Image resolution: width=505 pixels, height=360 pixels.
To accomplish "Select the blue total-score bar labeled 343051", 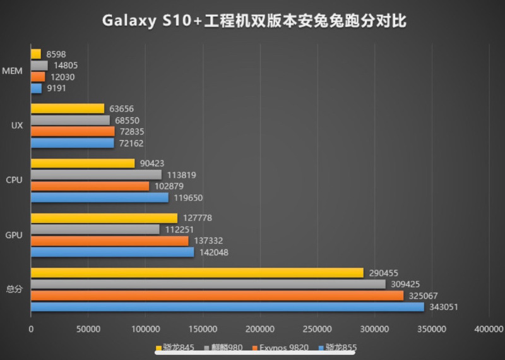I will (227, 307).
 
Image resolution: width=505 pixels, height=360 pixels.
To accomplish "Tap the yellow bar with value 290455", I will (197, 273).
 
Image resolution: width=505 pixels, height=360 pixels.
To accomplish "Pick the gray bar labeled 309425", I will (208, 284).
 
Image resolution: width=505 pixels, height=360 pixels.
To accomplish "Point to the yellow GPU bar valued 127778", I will (104, 218).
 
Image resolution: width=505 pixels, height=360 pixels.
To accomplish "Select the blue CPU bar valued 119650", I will (99, 197).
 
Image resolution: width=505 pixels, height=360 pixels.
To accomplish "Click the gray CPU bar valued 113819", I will (96, 174).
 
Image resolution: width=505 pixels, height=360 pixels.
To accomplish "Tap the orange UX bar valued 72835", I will (72, 131).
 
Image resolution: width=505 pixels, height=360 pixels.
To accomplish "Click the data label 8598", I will (56, 54).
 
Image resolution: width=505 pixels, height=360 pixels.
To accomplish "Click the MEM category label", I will (13, 71).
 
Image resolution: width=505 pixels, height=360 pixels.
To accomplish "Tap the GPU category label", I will (13, 235).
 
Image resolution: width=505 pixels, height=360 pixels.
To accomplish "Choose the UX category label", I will (17, 125).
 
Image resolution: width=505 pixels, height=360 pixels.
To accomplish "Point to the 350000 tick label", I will (432, 329).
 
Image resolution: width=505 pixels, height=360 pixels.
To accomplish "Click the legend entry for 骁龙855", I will (341, 348).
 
